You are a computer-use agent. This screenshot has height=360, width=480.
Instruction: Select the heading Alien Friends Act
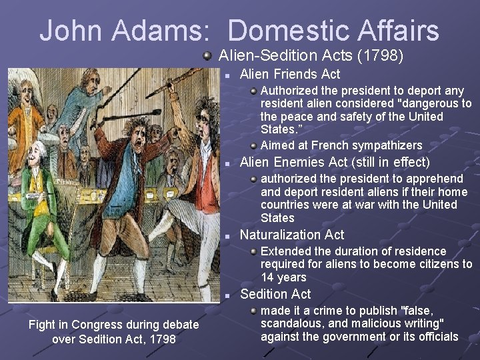coord(289,74)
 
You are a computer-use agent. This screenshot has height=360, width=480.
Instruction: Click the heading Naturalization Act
coord(291,235)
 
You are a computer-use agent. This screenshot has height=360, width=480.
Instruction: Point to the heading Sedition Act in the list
coord(275,294)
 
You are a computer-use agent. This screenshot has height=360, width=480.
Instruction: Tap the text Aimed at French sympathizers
coord(341,145)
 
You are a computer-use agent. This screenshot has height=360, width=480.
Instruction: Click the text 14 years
coord(283,277)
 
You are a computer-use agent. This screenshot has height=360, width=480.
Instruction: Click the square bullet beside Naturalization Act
coord(228,235)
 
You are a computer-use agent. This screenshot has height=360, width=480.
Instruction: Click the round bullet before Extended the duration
coord(253,251)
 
